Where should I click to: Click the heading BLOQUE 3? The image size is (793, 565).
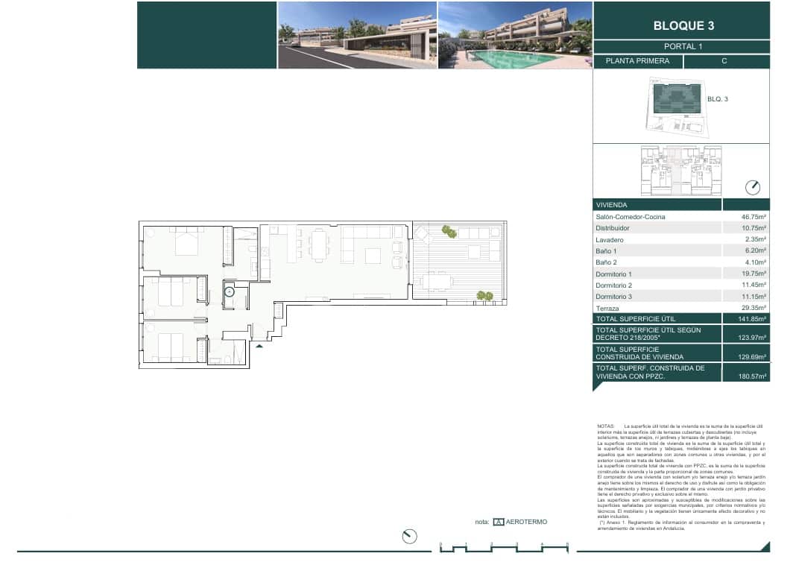coord(683,25)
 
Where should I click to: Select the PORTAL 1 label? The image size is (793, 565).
coord(683,46)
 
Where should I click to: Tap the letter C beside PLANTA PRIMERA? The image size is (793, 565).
coord(724,62)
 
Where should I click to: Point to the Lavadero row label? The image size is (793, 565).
coord(610,240)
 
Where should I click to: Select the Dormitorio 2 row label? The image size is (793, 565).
coord(614,285)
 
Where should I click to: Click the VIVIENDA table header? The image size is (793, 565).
coord(611,205)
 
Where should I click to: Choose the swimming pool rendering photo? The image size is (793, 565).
coord(514,35)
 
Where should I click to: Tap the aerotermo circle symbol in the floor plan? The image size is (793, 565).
coord(230,291)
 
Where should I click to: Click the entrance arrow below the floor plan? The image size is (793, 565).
coord(259,346)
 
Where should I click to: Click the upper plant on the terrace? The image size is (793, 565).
coord(448,231)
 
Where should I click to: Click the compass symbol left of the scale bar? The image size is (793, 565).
coord(408,536)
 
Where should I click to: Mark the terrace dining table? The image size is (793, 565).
coord(437,281)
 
